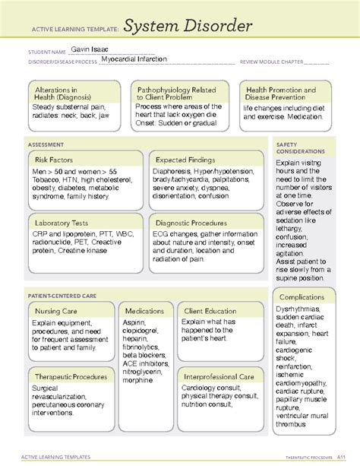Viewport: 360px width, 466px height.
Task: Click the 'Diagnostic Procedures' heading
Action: click(x=192, y=223)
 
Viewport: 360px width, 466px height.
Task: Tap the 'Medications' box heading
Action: click(x=144, y=311)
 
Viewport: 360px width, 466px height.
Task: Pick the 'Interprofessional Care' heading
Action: click(x=219, y=376)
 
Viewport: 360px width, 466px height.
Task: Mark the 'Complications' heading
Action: click(x=302, y=296)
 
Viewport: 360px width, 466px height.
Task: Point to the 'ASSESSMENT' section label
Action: click(x=46, y=143)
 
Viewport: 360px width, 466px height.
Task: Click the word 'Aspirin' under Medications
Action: click(x=135, y=322)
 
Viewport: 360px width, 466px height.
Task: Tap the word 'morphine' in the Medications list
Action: click(x=137, y=380)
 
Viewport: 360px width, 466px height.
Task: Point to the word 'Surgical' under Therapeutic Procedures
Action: click(x=47, y=388)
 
